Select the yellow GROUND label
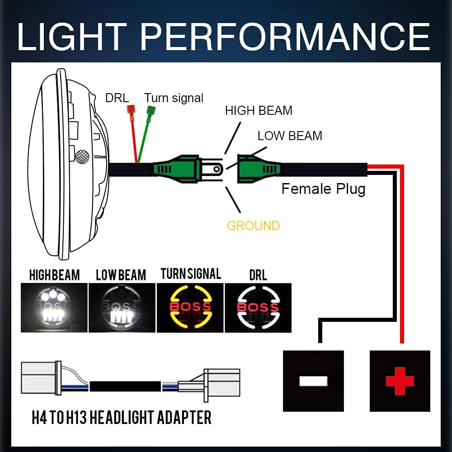tap(253, 226)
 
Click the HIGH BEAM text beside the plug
tap(259, 110)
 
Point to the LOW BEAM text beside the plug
tap(290, 136)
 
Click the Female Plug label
tap(323, 188)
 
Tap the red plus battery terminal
tap(400, 381)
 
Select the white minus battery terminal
tap(313, 381)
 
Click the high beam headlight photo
tap(54, 307)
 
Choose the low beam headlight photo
tap(122, 307)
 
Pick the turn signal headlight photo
tap(190, 307)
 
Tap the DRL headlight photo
tap(258, 307)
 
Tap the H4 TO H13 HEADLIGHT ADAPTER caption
tap(122, 417)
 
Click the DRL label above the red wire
tap(117, 98)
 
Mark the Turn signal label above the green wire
tap(174, 98)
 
